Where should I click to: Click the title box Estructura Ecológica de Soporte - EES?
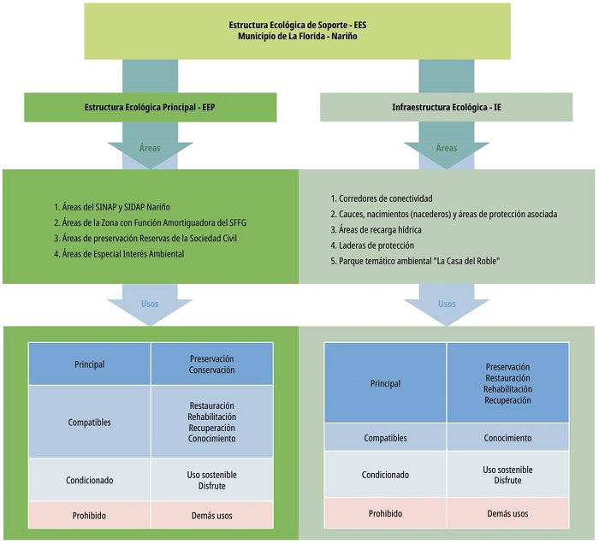tap(299, 32)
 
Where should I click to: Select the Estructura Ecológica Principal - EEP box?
tap(149, 107)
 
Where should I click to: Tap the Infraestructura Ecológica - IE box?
tap(446, 107)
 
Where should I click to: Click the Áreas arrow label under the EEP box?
tap(150, 147)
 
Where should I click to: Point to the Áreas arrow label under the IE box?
tap(447, 147)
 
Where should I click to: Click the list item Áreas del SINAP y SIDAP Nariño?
tap(116, 207)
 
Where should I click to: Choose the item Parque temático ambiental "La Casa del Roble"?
tap(418, 260)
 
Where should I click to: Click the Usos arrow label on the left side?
tap(150, 304)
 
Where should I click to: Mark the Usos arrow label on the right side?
tap(447, 304)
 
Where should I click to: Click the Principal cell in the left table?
tap(89, 364)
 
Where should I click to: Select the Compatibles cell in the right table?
tap(385, 438)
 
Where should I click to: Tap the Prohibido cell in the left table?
tap(89, 515)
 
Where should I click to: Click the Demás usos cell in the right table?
tap(507, 513)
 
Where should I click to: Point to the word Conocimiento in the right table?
tap(507, 438)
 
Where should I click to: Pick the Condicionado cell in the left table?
tap(89, 480)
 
